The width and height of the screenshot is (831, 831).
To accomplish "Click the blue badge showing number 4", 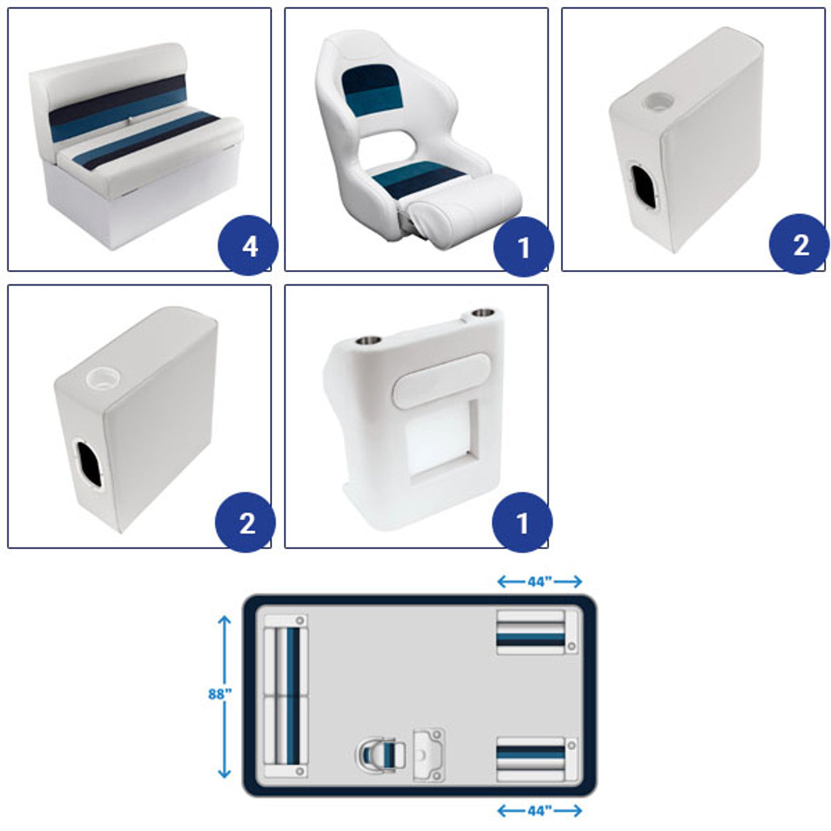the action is pyautogui.click(x=249, y=245).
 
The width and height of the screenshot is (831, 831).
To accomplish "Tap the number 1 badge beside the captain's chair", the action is pyautogui.click(x=523, y=247).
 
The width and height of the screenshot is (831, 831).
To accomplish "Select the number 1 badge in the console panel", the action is pyautogui.click(x=522, y=522).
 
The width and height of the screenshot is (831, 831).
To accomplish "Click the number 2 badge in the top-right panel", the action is pyautogui.click(x=799, y=244).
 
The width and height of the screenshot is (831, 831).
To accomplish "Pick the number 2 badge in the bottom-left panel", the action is pyautogui.click(x=245, y=522).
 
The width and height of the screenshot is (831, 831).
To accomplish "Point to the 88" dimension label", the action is pyautogui.click(x=220, y=694).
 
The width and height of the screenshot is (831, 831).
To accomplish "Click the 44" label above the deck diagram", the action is pyautogui.click(x=540, y=582).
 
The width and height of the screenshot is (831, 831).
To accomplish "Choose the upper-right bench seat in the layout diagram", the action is pyautogui.click(x=538, y=632).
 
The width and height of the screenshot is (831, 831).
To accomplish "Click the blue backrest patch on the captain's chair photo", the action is pyautogui.click(x=372, y=92).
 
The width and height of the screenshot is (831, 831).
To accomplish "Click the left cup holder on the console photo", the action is pyautogui.click(x=368, y=341).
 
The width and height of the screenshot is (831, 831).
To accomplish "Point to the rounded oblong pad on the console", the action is pyautogui.click(x=441, y=380).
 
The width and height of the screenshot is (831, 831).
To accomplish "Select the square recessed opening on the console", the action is pyautogui.click(x=443, y=441).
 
